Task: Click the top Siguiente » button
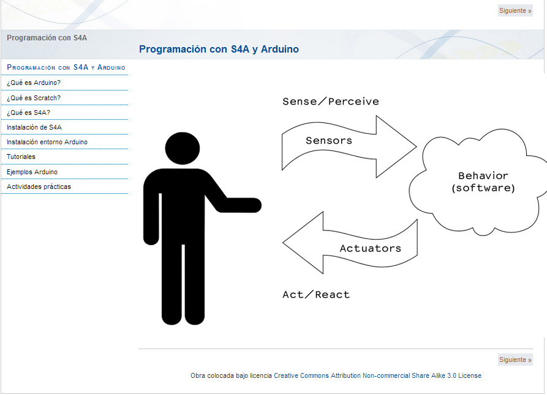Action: [x=515, y=11]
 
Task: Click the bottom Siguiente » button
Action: [x=515, y=360]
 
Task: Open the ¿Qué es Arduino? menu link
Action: [x=34, y=83]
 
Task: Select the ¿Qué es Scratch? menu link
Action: [x=34, y=98]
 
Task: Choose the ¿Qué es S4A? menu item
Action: [x=28, y=113]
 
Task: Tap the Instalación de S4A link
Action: [x=34, y=127]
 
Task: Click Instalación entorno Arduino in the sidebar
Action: [x=47, y=142]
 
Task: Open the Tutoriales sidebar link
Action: [x=21, y=157]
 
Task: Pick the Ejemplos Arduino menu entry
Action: [x=32, y=172]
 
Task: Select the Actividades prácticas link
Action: [x=39, y=186]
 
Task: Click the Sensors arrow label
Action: [x=329, y=141]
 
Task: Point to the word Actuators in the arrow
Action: [x=370, y=248]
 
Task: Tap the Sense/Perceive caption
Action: [x=331, y=102]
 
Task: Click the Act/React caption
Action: [x=316, y=295]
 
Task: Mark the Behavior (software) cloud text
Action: [x=483, y=182]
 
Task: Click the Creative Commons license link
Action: [x=377, y=375]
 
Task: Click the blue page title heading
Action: [x=219, y=49]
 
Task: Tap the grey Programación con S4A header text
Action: [x=47, y=37]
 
